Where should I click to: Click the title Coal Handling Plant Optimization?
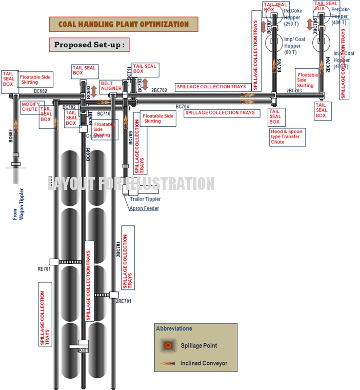[123, 24]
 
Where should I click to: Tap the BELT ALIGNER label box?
[111, 85]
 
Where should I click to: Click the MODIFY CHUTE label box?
[30, 107]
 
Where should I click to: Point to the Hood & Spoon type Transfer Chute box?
[287, 136]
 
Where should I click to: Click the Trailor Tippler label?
[145, 199]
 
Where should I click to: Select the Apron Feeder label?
[144, 208]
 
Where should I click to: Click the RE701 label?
[44, 268]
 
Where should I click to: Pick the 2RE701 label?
[123, 301]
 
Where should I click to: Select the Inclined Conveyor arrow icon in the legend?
[168, 363]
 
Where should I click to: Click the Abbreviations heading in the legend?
[174, 328]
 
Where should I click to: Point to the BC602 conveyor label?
[41, 91]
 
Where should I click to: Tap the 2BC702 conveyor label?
[159, 90]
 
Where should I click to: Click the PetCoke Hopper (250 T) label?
[292, 17]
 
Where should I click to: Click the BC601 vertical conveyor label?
[11, 135]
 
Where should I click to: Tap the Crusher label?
[95, 136]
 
